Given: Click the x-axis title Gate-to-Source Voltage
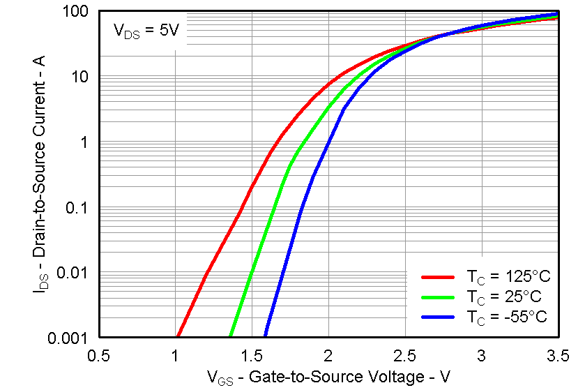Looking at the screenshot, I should point(328,377).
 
